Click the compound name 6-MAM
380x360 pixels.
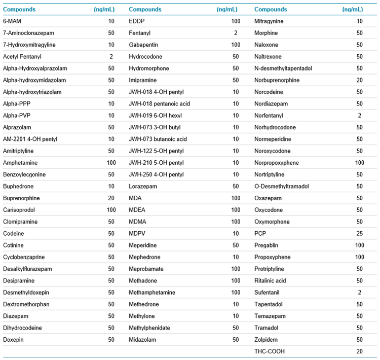(x=12, y=21)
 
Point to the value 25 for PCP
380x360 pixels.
(x=360, y=234)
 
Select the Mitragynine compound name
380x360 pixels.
(x=269, y=21)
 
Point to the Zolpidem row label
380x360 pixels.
(x=267, y=340)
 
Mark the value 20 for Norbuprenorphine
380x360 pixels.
(x=360, y=80)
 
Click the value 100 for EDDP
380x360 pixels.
(x=235, y=21)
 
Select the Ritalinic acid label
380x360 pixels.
(x=270, y=281)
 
